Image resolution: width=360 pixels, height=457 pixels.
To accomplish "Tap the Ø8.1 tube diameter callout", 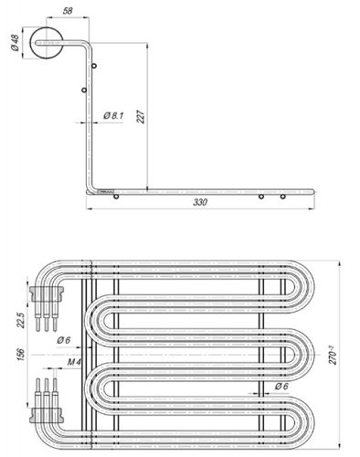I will tap(114, 115).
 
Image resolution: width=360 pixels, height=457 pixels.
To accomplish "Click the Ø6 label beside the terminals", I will tap(63, 340).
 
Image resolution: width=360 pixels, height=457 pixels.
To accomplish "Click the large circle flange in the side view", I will tap(48, 43).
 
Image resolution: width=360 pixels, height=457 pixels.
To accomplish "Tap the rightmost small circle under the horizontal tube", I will tap(283, 197).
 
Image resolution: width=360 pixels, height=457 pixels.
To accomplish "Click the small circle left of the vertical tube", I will tap(83, 90).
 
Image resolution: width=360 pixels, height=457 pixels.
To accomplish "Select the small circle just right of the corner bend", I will tap(115, 197).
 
